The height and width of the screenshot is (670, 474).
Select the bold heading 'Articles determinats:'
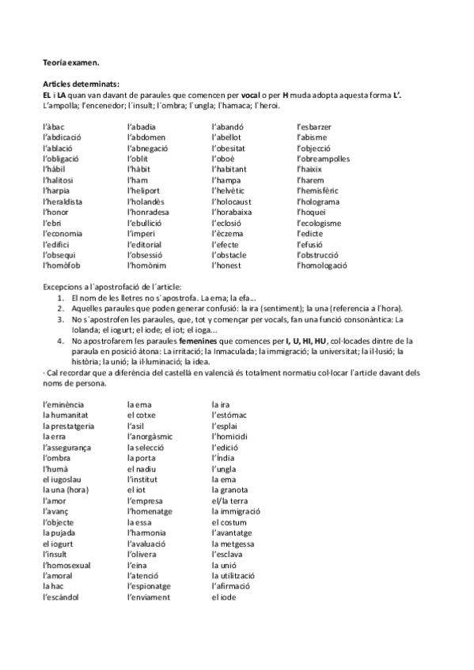81,83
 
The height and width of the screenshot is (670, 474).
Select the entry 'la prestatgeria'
68,426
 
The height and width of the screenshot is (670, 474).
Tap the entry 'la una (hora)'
66,490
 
